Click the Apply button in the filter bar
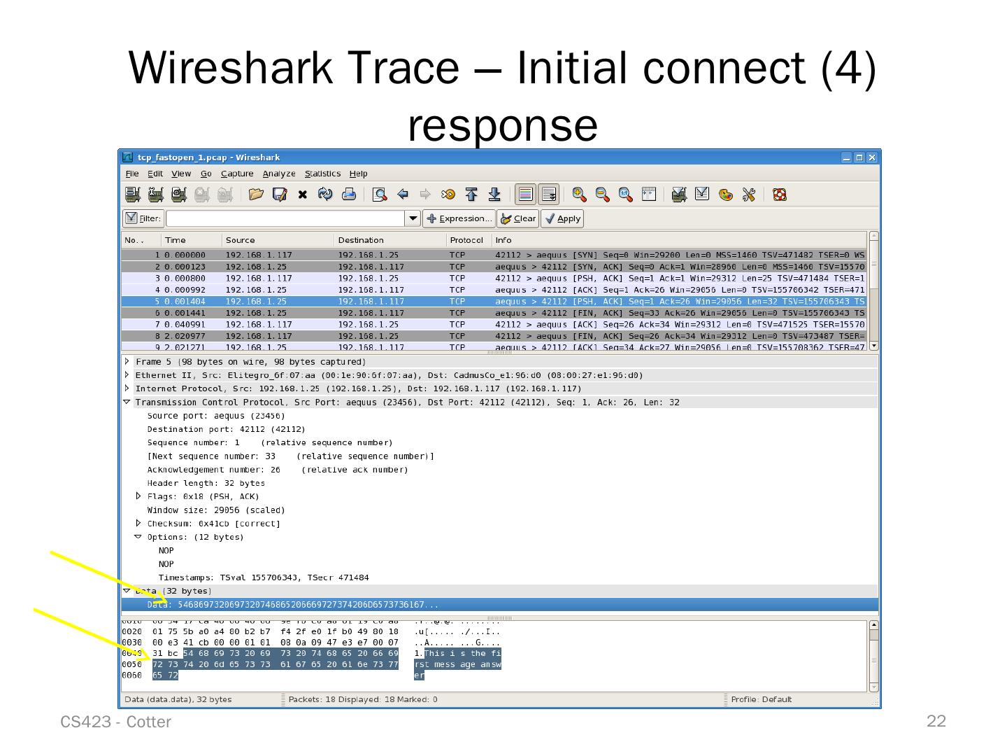point(562,218)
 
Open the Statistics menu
point(322,174)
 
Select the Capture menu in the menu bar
point(237,174)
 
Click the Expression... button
point(459,218)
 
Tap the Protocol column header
point(466,240)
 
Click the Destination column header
point(361,240)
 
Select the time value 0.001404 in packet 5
point(185,302)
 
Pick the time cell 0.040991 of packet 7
point(185,325)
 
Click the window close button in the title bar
point(871,157)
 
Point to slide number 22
point(936,721)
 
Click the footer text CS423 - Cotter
point(115,722)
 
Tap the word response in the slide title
point(502,125)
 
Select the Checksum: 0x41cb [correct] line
point(213,524)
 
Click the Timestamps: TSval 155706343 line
point(263,577)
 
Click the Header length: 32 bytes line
point(206,483)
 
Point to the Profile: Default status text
point(761,699)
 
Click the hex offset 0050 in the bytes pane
point(131,664)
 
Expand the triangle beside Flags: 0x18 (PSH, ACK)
point(138,496)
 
